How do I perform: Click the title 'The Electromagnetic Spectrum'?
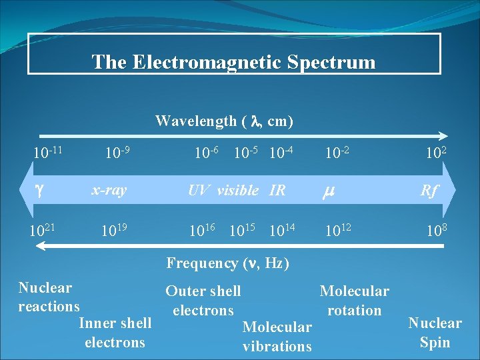click(233, 62)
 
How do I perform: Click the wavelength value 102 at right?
click(435, 154)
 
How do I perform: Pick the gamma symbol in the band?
click(39, 191)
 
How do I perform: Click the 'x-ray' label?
click(109, 190)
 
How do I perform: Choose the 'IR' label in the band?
click(277, 191)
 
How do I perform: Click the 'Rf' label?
click(429, 191)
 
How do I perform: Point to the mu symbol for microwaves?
click(329, 191)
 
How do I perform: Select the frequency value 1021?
click(42, 231)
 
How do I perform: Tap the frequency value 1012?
click(338, 231)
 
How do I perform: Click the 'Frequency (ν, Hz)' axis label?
click(227, 263)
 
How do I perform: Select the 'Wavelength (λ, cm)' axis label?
click(224, 121)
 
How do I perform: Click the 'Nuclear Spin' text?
click(435, 333)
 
